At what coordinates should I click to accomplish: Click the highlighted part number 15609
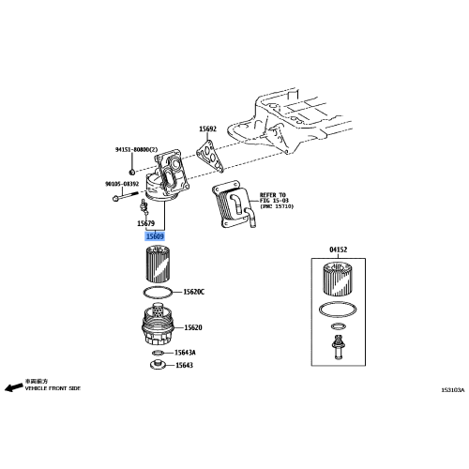click(x=154, y=237)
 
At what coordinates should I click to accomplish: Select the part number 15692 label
click(x=207, y=129)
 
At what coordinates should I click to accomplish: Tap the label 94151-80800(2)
click(x=137, y=149)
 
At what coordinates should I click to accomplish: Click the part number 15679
click(x=144, y=223)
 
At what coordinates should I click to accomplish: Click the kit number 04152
click(x=338, y=251)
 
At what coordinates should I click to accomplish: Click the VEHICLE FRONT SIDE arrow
click(x=14, y=386)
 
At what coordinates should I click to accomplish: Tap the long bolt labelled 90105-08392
click(x=117, y=198)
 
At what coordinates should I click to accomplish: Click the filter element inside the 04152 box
click(x=337, y=280)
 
